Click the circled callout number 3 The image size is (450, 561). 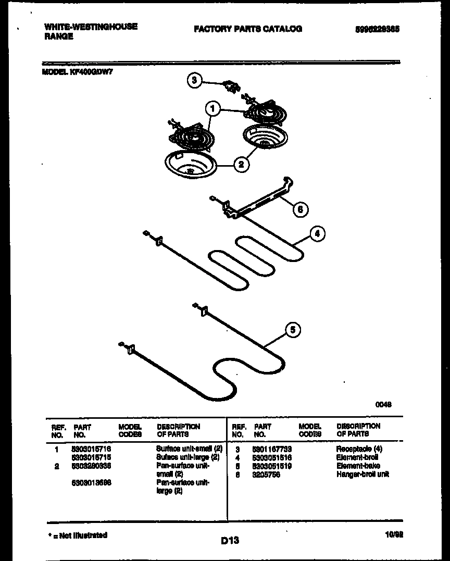tap(194, 80)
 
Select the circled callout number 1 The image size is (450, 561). tap(212, 109)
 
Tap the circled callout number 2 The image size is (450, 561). tap(241, 165)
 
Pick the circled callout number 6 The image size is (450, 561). tap(300, 209)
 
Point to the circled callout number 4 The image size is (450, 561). tap(317, 234)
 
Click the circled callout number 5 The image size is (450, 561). tap(294, 329)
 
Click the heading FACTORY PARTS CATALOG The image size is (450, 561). tap(247, 29)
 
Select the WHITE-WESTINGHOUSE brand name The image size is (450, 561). tap(91, 27)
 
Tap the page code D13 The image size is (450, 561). tap(229, 541)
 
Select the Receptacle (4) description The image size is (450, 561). tap(359, 448)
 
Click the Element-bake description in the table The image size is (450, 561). tap(358, 466)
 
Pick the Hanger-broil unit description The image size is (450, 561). tap(362, 474)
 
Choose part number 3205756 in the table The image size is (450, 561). tap(266, 475)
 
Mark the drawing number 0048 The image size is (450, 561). tap(384, 404)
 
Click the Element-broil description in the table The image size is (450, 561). tap(357, 457)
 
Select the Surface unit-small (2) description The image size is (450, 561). tap(189, 448)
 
